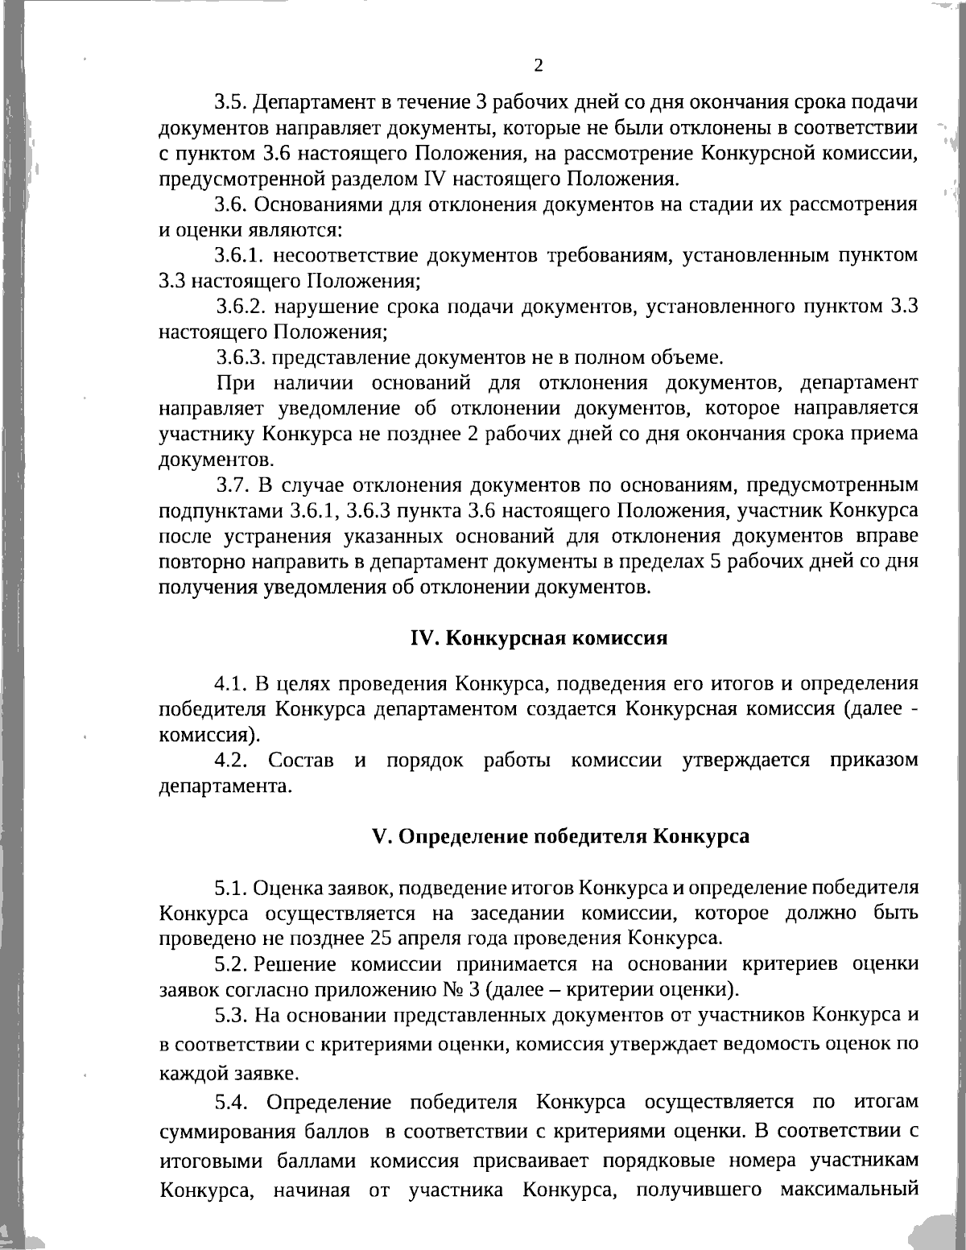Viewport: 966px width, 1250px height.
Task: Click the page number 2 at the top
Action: (x=539, y=65)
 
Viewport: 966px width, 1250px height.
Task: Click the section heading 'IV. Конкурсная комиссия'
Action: (x=539, y=637)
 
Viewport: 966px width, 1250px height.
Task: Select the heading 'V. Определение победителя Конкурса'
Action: (x=561, y=835)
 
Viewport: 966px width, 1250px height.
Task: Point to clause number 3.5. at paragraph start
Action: (x=232, y=103)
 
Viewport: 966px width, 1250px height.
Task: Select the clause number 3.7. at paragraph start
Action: (x=234, y=485)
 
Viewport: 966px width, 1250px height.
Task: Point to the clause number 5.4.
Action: (x=231, y=1101)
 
